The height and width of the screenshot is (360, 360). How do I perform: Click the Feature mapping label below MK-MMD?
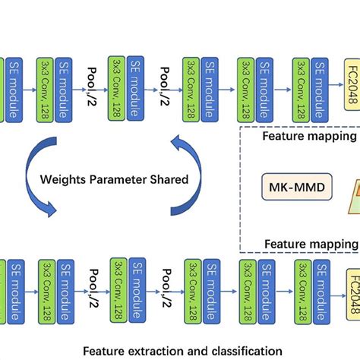point(309,244)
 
